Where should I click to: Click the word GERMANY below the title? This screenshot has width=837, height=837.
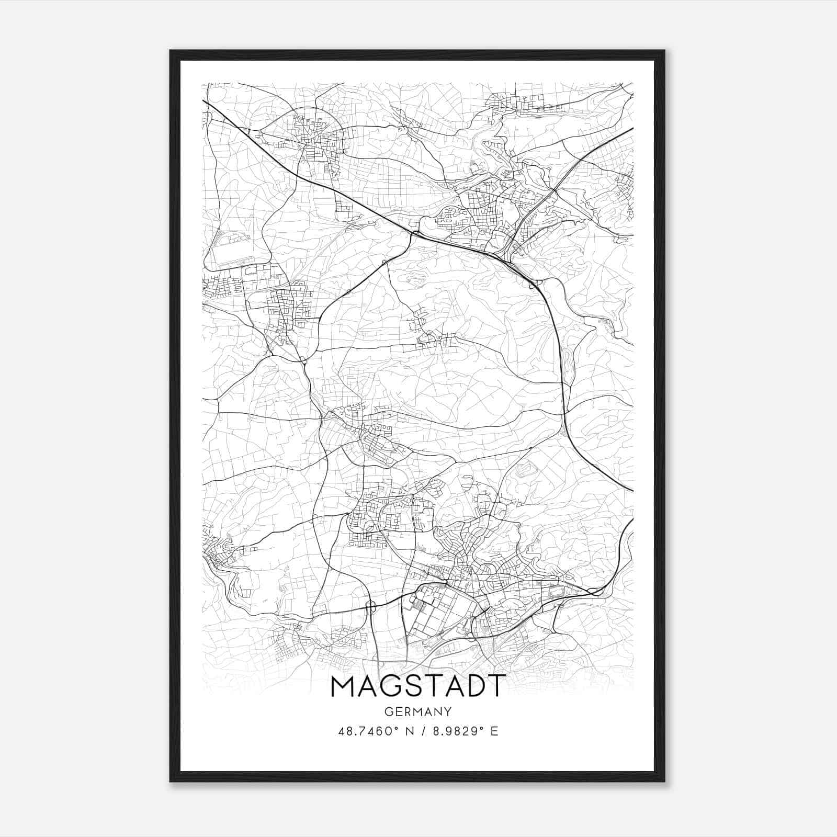(x=418, y=711)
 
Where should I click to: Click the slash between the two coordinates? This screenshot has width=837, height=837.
(x=422, y=731)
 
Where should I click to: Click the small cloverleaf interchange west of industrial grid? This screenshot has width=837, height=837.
(x=371, y=606)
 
